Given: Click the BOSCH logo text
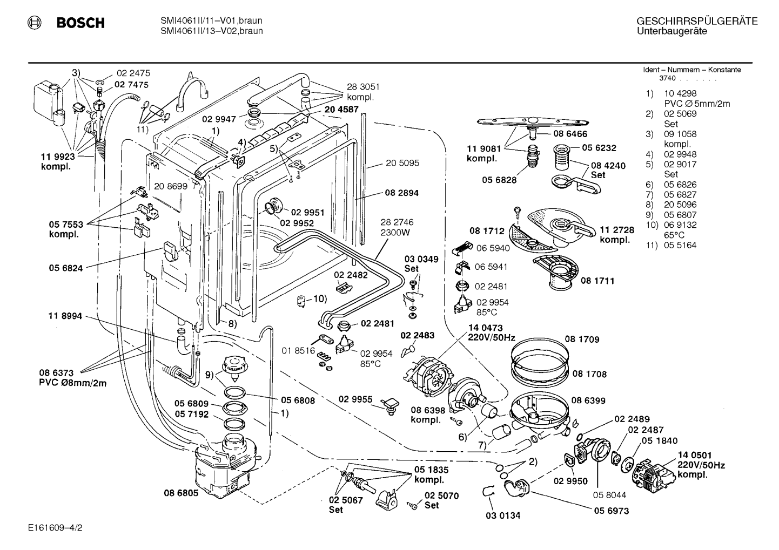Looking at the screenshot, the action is [80, 23].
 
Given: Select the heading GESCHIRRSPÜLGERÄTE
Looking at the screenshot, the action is [697, 21].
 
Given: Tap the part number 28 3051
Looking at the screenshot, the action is [363, 87].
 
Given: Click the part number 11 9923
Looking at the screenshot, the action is [58, 157].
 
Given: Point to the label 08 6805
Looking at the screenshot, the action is [181, 493].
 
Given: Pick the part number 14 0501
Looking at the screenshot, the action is [695, 455].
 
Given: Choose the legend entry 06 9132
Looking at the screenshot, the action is [680, 225].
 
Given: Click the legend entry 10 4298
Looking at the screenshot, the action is [680, 93].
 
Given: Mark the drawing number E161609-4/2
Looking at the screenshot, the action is [55, 528].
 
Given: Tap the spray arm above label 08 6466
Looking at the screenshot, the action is [533, 123].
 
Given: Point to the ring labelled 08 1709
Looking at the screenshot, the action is [540, 351].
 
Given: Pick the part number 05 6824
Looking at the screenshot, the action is [66, 268].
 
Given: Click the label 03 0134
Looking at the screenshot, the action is [503, 515].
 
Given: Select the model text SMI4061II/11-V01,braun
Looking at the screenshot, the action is [211, 21].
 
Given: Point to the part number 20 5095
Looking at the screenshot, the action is [402, 163].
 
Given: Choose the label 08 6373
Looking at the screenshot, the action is [56, 373].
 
